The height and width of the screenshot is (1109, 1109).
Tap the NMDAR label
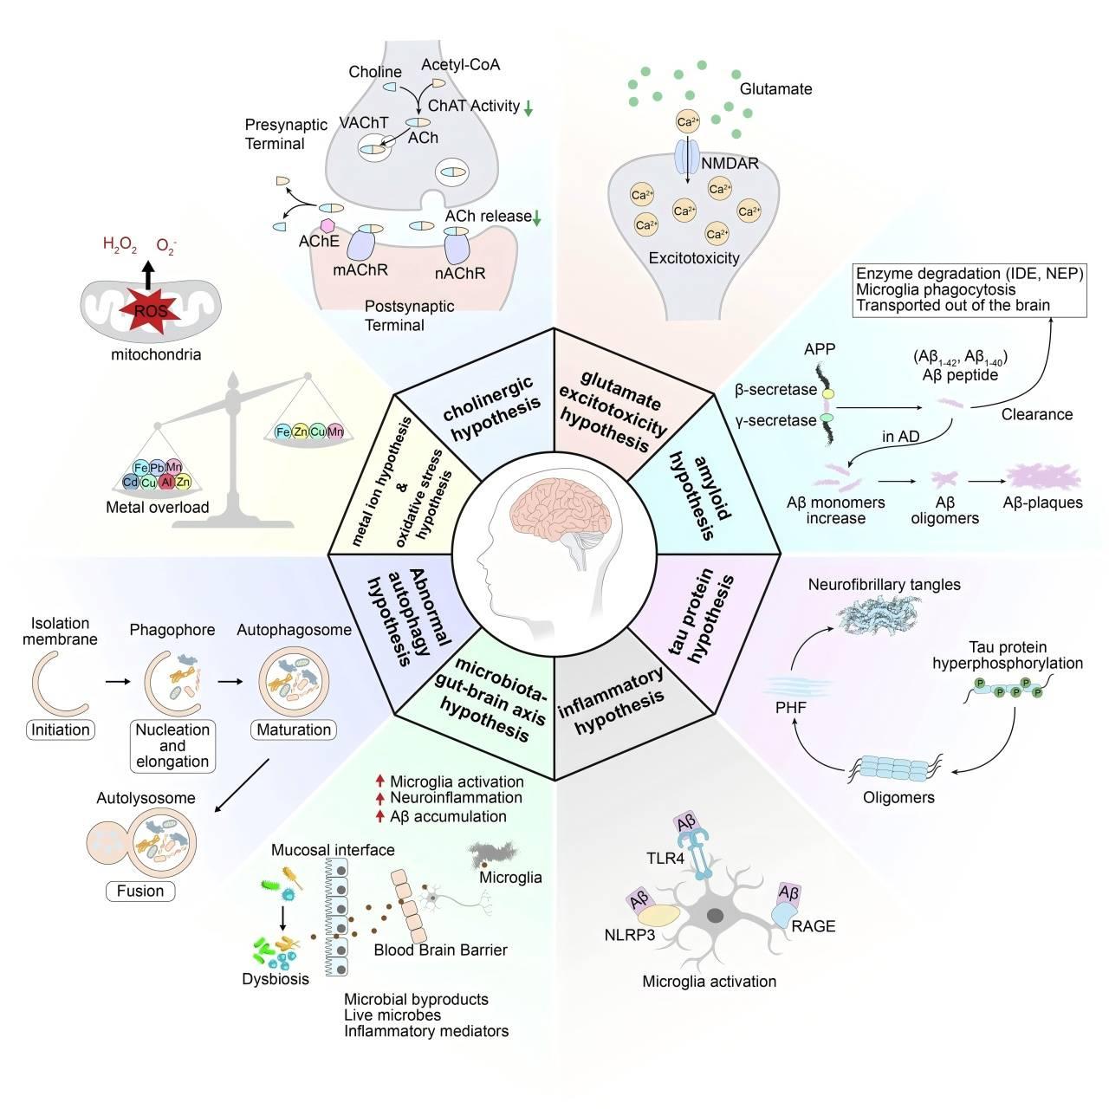[730, 164]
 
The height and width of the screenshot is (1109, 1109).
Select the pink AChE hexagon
[328, 225]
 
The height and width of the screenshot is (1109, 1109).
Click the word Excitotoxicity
[693, 258]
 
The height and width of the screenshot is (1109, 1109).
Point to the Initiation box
[61, 730]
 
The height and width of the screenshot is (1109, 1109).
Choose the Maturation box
[294, 730]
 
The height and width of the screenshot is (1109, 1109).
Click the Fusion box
[140, 891]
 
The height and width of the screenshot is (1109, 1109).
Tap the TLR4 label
[665, 859]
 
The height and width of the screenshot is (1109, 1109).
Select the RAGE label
[814, 926]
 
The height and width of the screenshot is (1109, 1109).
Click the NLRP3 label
[630, 935]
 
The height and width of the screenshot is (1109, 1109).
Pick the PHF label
[791, 707]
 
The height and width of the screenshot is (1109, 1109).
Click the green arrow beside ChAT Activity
[529, 107]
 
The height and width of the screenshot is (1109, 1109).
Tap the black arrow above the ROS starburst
[148, 275]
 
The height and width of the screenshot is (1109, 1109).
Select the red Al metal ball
[167, 481]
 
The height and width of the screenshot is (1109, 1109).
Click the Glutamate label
[775, 88]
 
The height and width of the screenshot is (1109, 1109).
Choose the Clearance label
[1037, 414]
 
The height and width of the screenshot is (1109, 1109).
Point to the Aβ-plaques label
[1043, 503]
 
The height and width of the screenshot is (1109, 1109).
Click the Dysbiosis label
[276, 979]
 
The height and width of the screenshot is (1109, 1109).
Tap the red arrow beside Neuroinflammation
[379, 798]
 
